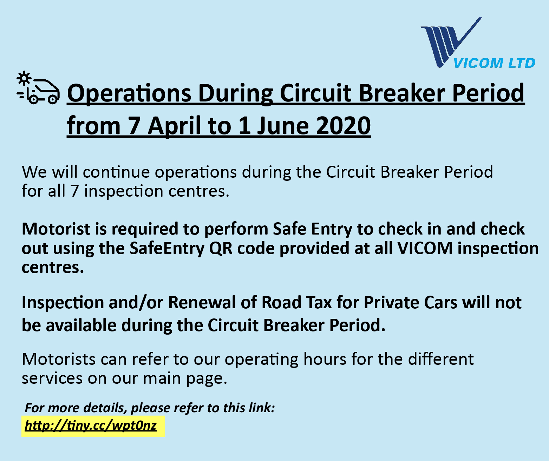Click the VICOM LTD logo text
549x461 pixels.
click(x=494, y=63)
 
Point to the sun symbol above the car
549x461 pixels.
click(x=24, y=78)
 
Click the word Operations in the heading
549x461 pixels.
click(x=129, y=93)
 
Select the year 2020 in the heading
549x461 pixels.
click(x=343, y=126)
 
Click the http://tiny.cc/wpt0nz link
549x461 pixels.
click(x=91, y=425)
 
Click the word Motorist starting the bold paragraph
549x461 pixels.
click(x=56, y=229)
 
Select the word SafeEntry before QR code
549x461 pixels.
click(x=167, y=249)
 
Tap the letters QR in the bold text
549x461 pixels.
click(x=221, y=248)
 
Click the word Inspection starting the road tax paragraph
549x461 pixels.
click(x=63, y=303)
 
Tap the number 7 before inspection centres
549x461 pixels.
click(x=74, y=191)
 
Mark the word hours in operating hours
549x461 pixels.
click(x=325, y=359)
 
